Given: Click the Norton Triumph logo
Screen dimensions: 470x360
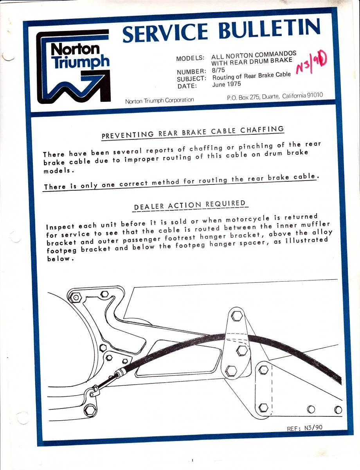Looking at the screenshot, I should coord(73,67).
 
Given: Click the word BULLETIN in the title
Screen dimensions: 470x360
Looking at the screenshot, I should coord(270,30).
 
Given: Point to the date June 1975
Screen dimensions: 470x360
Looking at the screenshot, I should coord(227,84).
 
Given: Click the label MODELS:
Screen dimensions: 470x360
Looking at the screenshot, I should coord(190,58).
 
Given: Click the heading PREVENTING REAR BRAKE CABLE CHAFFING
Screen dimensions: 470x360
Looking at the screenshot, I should coord(193,132).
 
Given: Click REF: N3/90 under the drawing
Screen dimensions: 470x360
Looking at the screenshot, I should coord(305,428).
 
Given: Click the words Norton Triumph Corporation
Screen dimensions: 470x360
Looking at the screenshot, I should coord(159,101).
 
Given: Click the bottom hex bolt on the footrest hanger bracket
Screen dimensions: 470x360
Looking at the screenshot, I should coord(231,369).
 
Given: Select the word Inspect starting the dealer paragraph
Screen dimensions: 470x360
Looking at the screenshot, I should coord(60,227).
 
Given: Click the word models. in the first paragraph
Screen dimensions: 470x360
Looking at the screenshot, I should coord(58,172).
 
